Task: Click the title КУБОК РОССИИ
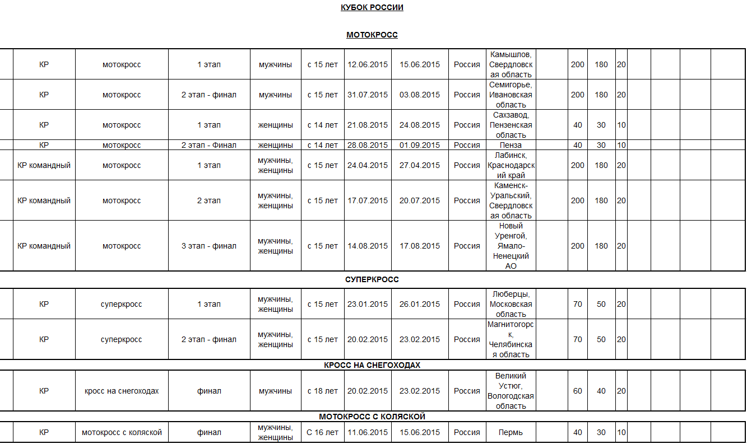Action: point(372,7)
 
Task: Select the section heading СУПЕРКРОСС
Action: point(372,279)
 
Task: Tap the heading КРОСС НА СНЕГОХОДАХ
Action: point(372,365)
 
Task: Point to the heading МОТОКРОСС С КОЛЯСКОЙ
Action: point(372,417)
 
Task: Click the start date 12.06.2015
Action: point(368,64)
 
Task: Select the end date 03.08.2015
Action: point(420,95)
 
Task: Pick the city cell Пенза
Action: point(511,145)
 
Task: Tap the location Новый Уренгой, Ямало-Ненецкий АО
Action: point(511,246)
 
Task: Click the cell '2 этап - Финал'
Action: point(209,145)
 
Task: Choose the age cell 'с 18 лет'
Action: point(323,391)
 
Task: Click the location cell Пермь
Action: point(511,432)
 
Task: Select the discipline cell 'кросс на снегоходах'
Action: point(122,391)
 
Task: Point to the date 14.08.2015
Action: point(368,246)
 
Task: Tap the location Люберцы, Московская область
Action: point(511,304)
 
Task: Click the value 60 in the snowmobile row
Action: point(578,391)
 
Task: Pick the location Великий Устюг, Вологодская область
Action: point(511,391)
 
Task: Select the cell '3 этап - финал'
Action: point(209,246)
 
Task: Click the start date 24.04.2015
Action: point(368,165)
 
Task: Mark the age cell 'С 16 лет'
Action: point(323,432)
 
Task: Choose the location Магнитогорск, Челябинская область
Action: point(511,339)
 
